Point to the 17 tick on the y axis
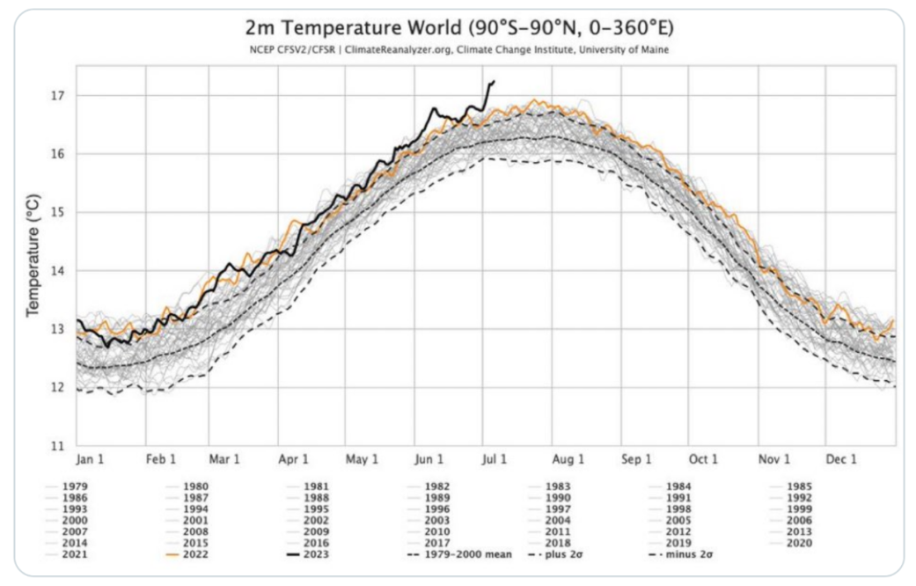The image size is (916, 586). tap(62, 95)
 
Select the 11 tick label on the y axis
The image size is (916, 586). tap(62, 445)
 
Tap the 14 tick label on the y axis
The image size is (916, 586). tap(62, 270)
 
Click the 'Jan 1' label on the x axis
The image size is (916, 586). tap(91, 459)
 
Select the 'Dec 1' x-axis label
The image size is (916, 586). tap(842, 459)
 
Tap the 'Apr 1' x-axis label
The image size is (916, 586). tap(294, 459)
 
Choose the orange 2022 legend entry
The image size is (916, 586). tap(196, 555)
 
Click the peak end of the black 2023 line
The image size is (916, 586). tap(495, 81)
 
